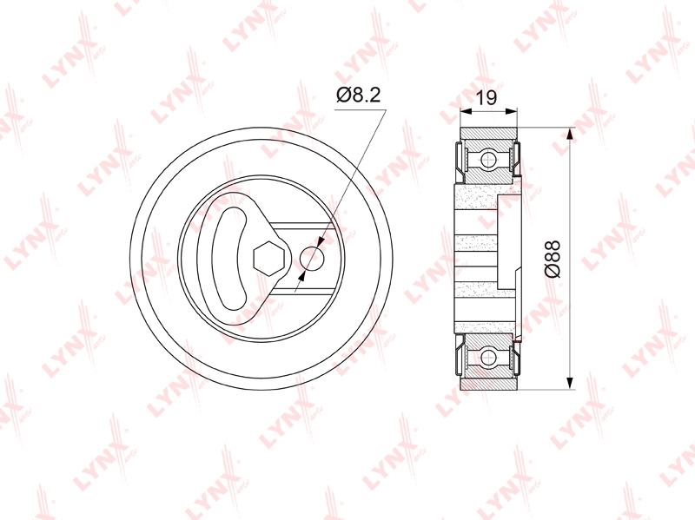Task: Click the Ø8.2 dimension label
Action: (x=358, y=95)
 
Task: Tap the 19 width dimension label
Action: (x=486, y=97)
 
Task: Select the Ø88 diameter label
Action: (x=553, y=259)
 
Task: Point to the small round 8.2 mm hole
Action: (x=313, y=258)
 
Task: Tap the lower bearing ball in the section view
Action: (x=488, y=357)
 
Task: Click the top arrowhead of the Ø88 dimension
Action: (x=570, y=134)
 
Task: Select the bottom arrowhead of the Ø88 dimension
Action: (x=570, y=384)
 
